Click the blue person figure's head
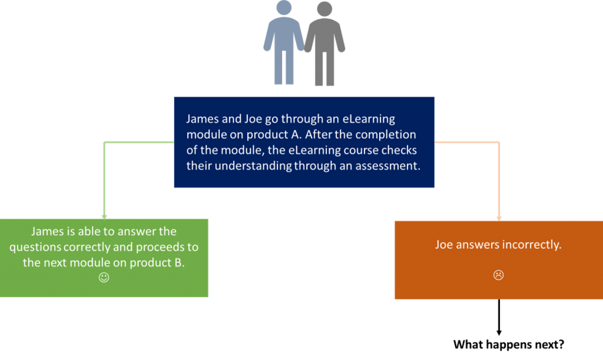(x=284, y=7)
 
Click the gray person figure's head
(x=324, y=9)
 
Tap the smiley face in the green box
(x=104, y=278)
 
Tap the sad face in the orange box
(x=498, y=275)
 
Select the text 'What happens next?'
(x=509, y=344)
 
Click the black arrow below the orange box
(x=498, y=317)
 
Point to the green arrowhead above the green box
(x=105, y=217)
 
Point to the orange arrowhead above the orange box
(x=498, y=219)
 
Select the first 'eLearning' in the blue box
(x=368, y=119)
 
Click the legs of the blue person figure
(x=284, y=67)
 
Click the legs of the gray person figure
(x=324, y=68)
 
